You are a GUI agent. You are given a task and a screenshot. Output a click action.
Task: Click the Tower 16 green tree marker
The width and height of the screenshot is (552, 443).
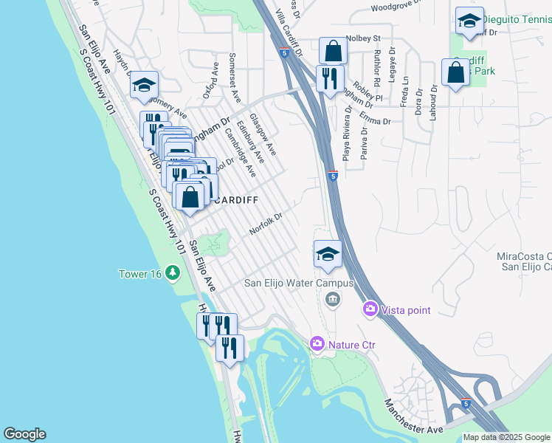click(x=173, y=274)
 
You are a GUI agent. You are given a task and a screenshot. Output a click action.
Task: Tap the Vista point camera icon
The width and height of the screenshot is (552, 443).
click(x=370, y=309)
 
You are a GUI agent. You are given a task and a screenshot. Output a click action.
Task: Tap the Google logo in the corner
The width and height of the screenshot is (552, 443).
click(x=24, y=434)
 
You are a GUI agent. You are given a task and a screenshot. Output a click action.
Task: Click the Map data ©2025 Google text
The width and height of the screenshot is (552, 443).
click(x=506, y=437)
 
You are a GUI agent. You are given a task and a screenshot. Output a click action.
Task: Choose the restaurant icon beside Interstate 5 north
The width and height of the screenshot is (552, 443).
click(x=329, y=78)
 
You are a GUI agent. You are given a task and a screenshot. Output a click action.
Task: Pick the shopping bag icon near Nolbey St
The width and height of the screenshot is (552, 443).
click(x=333, y=51)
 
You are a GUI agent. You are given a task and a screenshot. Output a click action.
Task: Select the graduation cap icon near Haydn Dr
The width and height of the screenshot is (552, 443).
click(x=144, y=86)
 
